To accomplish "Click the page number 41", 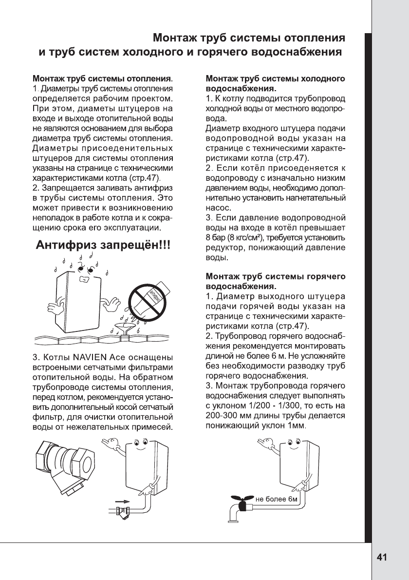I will click(382, 558).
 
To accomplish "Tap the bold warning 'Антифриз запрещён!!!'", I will click(104, 245).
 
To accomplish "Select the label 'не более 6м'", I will click(276, 499).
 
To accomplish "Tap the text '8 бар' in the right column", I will click(215, 237).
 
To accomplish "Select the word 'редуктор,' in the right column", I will click(224, 248).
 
